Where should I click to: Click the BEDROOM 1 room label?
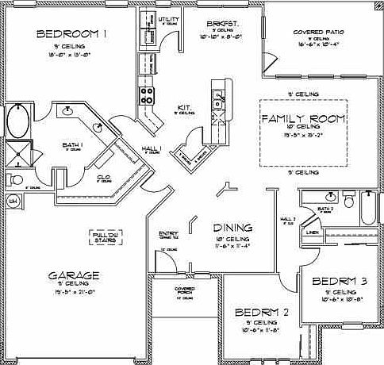pos(72,34)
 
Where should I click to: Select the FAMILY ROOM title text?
pos(303,119)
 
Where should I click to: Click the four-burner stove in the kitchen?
pos(147,95)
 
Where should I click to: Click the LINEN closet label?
pos(313,233)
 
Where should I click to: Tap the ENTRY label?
pos(168,234)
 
